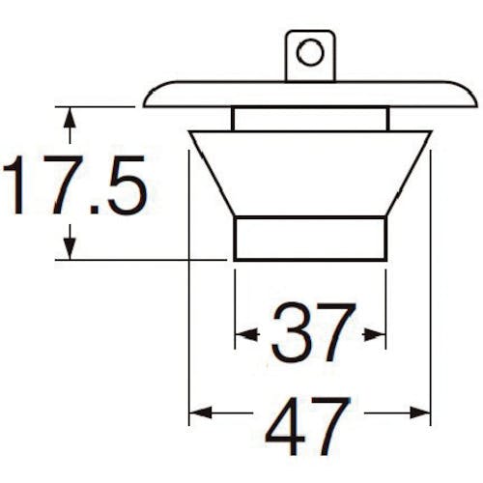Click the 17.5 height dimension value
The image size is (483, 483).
coord(74,185)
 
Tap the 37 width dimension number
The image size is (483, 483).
coord(314,332)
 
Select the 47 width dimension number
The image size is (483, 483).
coord(308,426)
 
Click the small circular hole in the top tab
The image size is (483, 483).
coord(310,52)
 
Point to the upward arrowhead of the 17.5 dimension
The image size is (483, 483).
coord(70,119)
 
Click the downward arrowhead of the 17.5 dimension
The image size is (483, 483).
coord(70,248)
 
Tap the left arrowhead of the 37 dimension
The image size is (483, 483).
coord(246,335)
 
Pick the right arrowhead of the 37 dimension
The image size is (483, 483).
coord(375,335)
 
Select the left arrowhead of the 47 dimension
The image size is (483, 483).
coord(201,412)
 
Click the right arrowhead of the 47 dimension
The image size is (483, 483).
coord(420,412)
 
